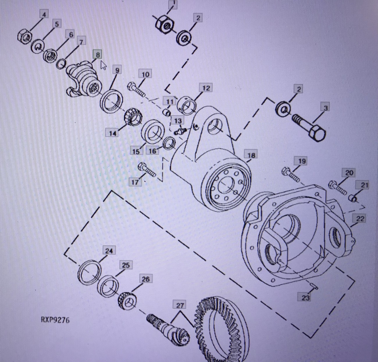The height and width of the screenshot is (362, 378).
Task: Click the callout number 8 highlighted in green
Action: click(97, 54)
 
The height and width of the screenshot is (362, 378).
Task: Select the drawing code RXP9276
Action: click(55, 320)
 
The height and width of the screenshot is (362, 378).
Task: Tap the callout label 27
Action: click(180, 305)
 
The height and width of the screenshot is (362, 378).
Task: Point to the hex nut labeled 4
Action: click(25, 36)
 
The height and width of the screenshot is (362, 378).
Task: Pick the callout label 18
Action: click(251, 155)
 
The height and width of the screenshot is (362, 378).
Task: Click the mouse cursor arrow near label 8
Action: click(103, 65)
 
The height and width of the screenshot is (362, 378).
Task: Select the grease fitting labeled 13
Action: click(180, 131)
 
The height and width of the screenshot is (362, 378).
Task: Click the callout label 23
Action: click(305, 297)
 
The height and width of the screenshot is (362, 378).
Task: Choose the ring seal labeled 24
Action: click(90, 273)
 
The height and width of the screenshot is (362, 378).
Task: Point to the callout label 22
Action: click(360, 219)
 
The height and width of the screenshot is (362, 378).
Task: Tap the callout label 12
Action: click(206, 88)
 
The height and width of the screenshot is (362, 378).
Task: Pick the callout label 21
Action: click(364, 185)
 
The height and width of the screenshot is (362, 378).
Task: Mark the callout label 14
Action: click(113, 133)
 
